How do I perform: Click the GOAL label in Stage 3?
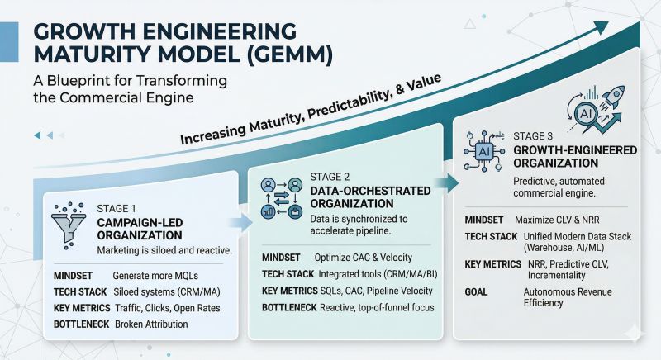pyautogui.click(x=479, y=291)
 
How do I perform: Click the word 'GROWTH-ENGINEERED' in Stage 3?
pyautogui.click(x=561, y=151)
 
